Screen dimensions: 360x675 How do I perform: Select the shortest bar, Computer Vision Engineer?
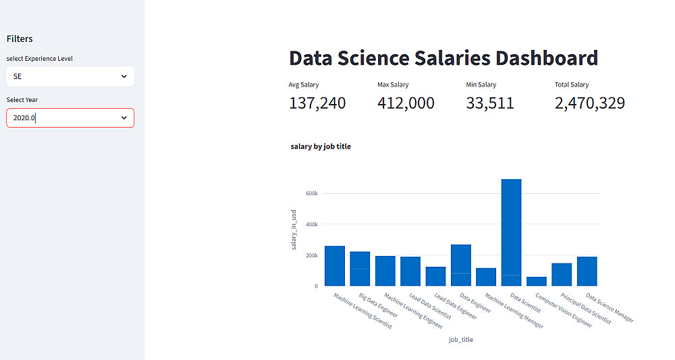click(x=537, y=281)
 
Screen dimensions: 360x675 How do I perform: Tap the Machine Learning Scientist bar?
click(x=335, y=265)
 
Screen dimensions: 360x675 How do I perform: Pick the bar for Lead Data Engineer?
click(x=435, y=276)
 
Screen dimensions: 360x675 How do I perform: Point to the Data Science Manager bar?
click(x=587, y=271)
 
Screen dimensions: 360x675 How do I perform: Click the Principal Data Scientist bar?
click(x=562, y=274)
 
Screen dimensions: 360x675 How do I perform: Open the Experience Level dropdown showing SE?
click(x=70, y=76)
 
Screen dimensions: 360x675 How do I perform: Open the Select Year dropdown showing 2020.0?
click(x=70, y=118)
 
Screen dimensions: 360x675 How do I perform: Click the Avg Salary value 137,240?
click(x=317, y=103)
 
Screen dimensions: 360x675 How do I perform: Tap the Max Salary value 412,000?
click(x=406, y=103)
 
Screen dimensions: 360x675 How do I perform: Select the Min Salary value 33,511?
click(x=490, y=103)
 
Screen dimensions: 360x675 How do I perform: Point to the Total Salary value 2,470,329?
click(x=589, y=103)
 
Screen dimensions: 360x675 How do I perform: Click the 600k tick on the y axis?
click(x=311, y=193)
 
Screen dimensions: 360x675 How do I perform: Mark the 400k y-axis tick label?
click(x=311, y=224)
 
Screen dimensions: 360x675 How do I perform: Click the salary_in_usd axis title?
click(x=294, y=230)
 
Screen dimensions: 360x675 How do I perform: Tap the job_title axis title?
click(x=461, y=340)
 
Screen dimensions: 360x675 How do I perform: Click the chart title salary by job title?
click(x=321, y=147)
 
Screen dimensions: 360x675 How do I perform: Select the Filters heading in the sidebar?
click(x=20, y=39)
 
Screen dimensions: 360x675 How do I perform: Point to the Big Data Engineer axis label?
click(x=379, y=305)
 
